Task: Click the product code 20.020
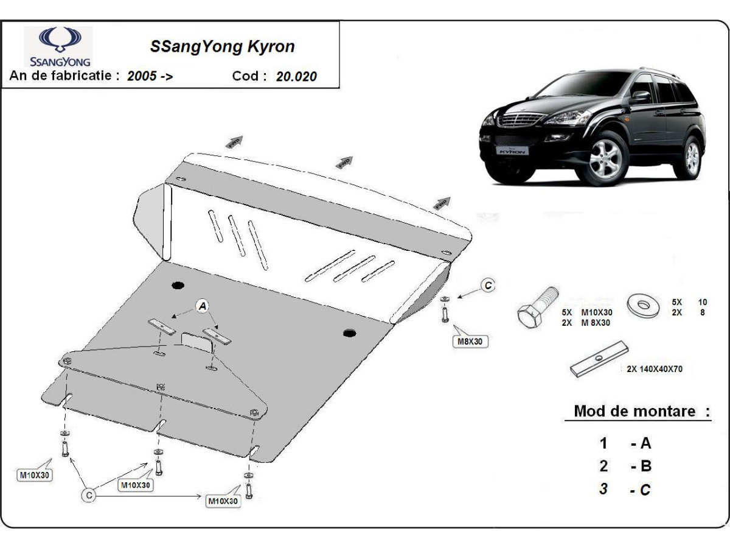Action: click(x=296, y=77)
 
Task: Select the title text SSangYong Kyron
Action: click(x=222, y=47)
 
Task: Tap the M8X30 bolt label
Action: click(x=470, y=342)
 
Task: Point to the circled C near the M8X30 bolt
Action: click(x=488, y=284)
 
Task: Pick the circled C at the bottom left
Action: click(x=89, y=496)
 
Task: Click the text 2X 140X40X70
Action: click(x=659, y=369)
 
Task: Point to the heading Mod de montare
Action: click(x=634, y=411)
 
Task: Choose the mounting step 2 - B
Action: click(x=625, y=466)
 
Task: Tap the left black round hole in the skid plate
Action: click(x=178, y=286)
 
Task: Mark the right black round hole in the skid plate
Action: click(x=349, y=333)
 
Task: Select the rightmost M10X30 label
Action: click(x=223, y=501)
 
